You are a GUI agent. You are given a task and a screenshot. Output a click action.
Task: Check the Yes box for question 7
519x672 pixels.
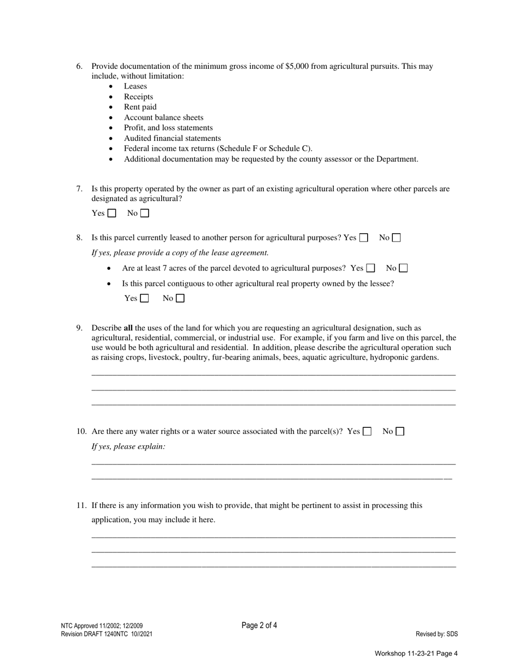tap(112, 214)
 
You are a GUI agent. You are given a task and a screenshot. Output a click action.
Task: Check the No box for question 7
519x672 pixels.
tap(145, 214)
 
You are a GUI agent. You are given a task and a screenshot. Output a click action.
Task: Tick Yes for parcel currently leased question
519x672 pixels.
tap(364, 238)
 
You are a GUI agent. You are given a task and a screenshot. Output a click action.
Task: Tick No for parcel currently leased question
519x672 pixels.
tap(397, 238)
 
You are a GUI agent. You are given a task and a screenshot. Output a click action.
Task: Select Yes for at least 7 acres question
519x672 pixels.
tap(371, 268)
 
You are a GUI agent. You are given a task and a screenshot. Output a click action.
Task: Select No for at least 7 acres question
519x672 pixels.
tap(404, 268)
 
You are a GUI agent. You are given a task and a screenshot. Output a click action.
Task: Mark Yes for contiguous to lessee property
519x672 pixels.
tap(145, 298)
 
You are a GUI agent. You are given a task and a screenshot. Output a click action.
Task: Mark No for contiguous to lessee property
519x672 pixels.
tap(180, 298)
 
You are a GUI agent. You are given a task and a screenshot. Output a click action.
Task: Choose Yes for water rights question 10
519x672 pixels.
tap(367, 432)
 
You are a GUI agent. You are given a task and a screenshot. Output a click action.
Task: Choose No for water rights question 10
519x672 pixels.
tap(400, 432)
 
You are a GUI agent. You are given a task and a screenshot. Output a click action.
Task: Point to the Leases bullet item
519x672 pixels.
tap(135, 86)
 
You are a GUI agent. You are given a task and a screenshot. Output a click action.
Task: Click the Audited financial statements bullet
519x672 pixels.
tap(172, 138)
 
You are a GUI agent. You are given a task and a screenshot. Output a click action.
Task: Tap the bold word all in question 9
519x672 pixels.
tap(128, 328)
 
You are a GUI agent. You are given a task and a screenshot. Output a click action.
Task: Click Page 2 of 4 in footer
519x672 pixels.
tap(259, 626)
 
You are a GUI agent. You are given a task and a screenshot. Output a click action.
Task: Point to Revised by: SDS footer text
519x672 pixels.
tap(437, 634)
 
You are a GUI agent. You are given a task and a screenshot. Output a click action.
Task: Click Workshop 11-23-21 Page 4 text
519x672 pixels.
tap(416, 653)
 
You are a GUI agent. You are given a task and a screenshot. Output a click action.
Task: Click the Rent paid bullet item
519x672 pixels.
tap(140, 107)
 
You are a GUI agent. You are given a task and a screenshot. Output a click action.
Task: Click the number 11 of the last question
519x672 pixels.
tap(81, 506)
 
